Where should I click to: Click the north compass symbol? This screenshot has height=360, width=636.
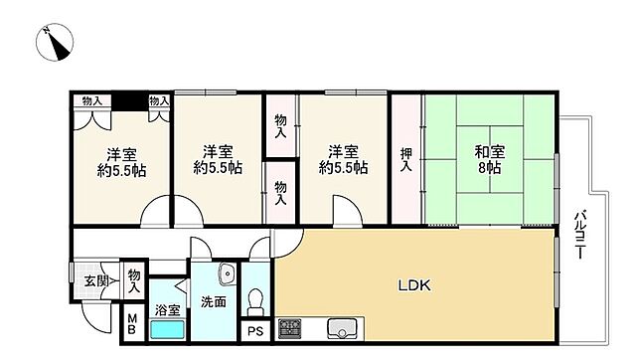[55, 43]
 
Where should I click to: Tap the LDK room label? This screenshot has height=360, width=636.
[414, 285]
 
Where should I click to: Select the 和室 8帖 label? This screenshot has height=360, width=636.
[490, 159]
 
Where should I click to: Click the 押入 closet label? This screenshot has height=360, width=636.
[406, 159]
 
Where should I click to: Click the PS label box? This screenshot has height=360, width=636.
[255, 331]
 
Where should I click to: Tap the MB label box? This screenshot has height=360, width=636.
[132, 324]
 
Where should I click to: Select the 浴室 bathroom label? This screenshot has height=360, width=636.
[168, 310]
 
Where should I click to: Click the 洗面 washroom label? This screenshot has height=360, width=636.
[214, 302]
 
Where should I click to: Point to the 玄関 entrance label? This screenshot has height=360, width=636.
[96, 280]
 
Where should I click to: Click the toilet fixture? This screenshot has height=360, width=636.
[255, 301]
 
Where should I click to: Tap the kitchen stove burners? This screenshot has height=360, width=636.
[290, 328]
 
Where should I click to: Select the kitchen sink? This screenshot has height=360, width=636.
[342, 328]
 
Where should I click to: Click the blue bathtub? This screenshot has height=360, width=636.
[167, 329]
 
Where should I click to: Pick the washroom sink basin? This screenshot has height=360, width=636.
[228, 273]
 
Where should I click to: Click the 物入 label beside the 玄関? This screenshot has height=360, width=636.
[134, 280]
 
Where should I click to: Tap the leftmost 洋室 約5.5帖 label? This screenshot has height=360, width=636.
[121, 162]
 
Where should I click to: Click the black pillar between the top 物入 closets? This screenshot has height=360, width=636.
[129, 101]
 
